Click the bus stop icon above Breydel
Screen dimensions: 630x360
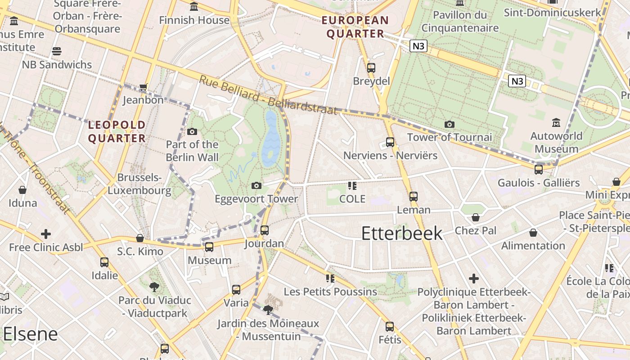click(x=371, y=68)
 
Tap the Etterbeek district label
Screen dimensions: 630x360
click(x=402, y=233)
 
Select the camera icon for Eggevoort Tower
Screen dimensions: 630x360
click(x=256, y=185)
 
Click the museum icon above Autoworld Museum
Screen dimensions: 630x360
click(x=556, y=122)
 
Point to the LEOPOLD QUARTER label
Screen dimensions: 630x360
click(x=117, y=131)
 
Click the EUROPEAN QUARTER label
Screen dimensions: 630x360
click(x=355, y=27)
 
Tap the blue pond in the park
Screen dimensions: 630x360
click(x=271, y=139)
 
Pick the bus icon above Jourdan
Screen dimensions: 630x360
click(x=265, y=230)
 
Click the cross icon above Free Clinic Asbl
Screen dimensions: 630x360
click(x=45, y=234)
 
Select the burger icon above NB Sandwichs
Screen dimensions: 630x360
click(x=57, y=51)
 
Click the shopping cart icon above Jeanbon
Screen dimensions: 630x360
click(x=143, y=87)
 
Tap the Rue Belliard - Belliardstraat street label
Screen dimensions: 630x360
click(x=268, y=95)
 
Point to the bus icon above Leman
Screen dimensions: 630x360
click(x=414, y=196)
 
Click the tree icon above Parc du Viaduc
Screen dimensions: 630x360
click(x=154, y=287)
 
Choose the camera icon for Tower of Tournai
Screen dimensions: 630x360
click(x=449, y=124)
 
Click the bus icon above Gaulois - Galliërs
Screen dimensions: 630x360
click(x=538, y=170)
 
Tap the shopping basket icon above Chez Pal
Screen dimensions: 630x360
click(x=476, y=218)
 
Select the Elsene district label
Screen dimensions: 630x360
click(x=31, y=334)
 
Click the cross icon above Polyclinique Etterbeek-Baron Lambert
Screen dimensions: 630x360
click(x=474, y=279)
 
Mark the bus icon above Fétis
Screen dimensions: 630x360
click(x=390, y=327)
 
